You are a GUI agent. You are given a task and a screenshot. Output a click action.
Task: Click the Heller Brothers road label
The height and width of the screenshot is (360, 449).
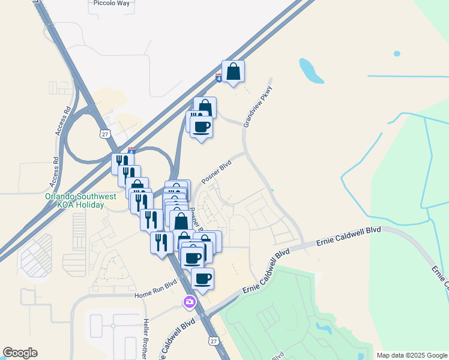coord(145,339)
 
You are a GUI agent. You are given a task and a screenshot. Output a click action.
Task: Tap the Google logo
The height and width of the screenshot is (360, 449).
coord(20,353)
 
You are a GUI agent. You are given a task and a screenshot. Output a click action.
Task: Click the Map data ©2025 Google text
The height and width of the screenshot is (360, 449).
coord(412,355)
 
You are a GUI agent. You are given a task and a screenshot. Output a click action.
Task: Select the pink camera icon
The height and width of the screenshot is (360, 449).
coord(190,302)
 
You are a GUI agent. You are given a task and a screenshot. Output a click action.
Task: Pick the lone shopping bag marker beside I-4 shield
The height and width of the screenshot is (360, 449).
coord(233,71)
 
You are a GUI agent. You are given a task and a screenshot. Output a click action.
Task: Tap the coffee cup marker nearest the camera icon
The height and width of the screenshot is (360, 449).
coord(202,279)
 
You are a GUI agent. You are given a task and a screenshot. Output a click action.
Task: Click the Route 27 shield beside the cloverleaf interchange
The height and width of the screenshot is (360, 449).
coord(105,133)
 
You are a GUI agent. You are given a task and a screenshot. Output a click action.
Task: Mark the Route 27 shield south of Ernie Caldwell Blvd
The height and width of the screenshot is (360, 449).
coord(213,341)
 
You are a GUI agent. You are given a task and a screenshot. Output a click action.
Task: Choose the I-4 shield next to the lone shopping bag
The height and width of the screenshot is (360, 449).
coord(218,78)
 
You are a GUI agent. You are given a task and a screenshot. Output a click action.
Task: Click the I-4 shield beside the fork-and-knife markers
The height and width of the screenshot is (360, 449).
coord(131,151)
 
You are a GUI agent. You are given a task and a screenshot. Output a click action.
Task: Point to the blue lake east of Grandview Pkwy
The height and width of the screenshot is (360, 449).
coord(311,71)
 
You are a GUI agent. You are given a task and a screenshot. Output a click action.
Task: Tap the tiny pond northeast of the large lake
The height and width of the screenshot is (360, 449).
coord(397,54)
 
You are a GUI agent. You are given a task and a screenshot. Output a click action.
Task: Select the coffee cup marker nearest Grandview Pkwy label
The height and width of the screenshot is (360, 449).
coord(201,127)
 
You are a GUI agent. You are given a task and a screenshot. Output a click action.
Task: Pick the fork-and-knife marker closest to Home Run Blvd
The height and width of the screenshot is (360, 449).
coord(161,242)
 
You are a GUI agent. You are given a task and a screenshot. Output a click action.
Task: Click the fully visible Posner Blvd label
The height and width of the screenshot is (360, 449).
coord(216,172)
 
